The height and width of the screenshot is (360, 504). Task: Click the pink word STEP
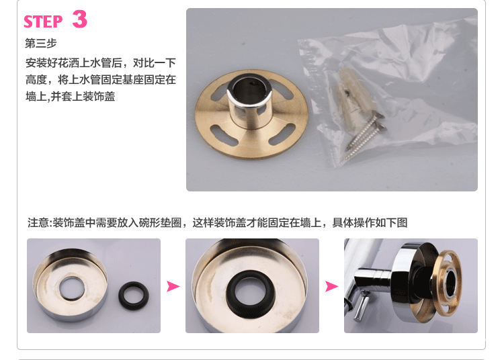coord(43,21)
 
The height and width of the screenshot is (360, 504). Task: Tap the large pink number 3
coord(80,19)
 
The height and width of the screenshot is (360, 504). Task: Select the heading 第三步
coord(41,43)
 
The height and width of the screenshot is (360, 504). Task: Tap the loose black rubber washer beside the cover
coord(134,296)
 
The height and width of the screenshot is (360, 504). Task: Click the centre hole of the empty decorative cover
coord(72,288)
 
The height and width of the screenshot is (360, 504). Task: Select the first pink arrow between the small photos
coord(173,286)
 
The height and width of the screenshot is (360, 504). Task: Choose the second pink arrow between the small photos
coord(331,286)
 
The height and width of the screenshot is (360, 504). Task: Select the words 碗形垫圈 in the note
coord(161,222)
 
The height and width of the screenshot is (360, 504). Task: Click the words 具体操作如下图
coord(370,222)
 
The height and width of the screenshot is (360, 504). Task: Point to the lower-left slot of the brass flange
coord(224,135)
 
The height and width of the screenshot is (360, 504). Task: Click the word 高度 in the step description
coord(36,80)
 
